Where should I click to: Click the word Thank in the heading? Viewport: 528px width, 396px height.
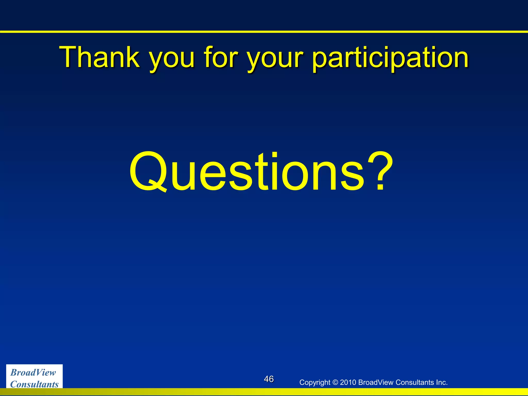click(x=99, y=57)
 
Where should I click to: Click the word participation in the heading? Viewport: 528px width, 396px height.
click(x=390, y=58)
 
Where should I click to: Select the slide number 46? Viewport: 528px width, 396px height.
click(x=269, y=379)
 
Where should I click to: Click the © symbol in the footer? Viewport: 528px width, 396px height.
click(x=335, y=382)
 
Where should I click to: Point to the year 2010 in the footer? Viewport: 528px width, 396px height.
click(x=348, y=382)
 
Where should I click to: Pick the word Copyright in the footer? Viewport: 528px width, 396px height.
click(x=315, y=383)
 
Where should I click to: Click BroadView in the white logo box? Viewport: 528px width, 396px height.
click(x=33, y=373)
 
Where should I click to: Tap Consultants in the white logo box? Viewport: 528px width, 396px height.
click(x=35, y=384)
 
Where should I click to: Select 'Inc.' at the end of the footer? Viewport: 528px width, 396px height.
click(x=441, y=382)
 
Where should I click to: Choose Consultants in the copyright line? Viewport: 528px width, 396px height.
click(x=414, y=382)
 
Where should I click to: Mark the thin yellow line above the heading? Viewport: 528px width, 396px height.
click(x=264, y=32)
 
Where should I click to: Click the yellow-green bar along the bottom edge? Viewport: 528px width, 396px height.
click(x=264, y=392)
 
